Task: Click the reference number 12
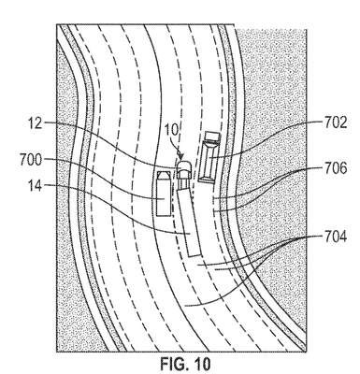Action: pyautogui.click(x=35, y=122)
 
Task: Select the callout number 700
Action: pyautogui.click(x=31, y=160)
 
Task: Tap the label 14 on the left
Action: pyautogui.click(x=35, y=186)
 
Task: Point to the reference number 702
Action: pyautogui.click(x=336, y=122)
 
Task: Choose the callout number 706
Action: pyautogui.click(x=336, y=168)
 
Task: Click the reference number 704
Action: pyautogui.click(x=336, y=237)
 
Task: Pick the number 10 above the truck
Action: pyautogui.click(x=172, y=130)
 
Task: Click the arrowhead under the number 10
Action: pyautogui.click(x=180, y=156)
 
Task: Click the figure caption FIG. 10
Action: pyautogui.click(x=185, y=364)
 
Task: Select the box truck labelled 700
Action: pyautogui.click(x=164, y=194)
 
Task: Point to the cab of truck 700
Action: pyautogui.click(x=164, y=175)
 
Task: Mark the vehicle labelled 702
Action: pyautogui.click(x=209, y=157)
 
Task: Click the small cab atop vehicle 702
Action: pyautogui.click(x=213, y=136)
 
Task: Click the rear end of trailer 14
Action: pyautogui.click(x=195, y=255)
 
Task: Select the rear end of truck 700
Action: pyautogui.click(x=164, y=215)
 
